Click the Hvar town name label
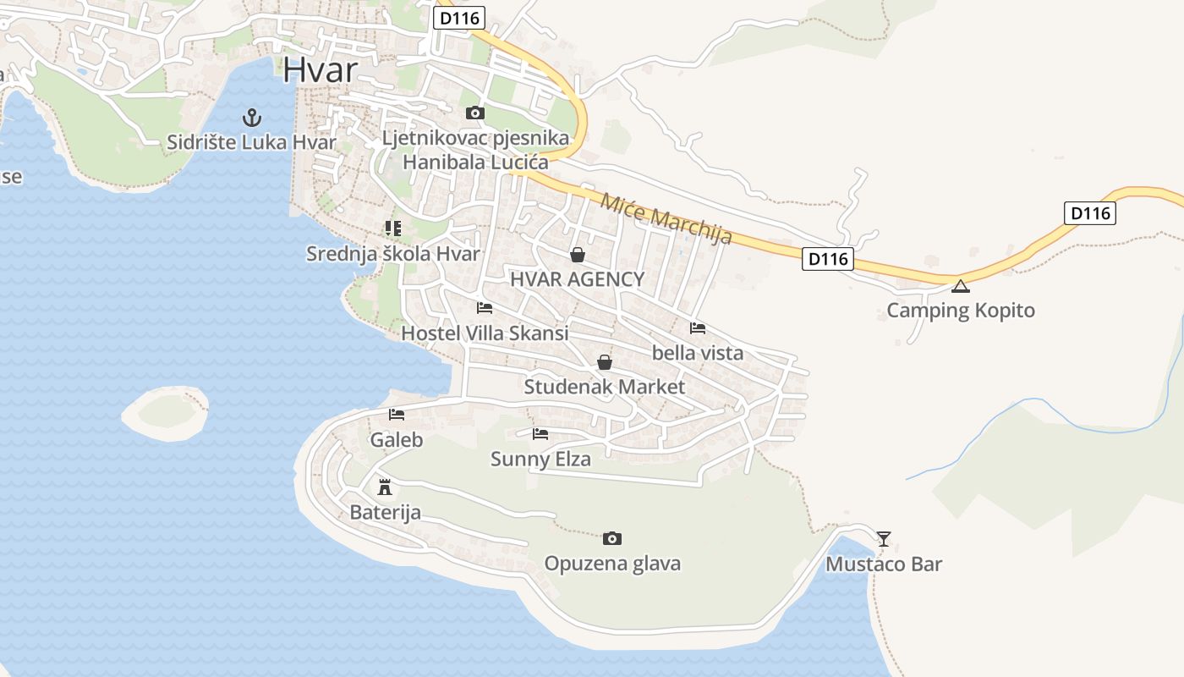321,69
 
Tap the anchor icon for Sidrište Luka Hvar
251,117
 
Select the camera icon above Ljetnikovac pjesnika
475,113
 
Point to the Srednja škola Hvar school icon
392,228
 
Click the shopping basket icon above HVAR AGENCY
578,254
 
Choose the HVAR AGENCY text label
577,279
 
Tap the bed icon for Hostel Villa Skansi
485,308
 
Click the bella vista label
698,353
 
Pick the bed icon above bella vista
698,328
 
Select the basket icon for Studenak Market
605,363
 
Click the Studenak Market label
605,387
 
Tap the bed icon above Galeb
397,415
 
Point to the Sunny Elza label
540,460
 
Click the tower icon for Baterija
385,487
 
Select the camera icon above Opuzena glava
612,538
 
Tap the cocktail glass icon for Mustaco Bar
884,538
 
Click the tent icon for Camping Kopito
960,286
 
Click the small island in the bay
166,412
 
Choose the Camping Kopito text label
960,311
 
